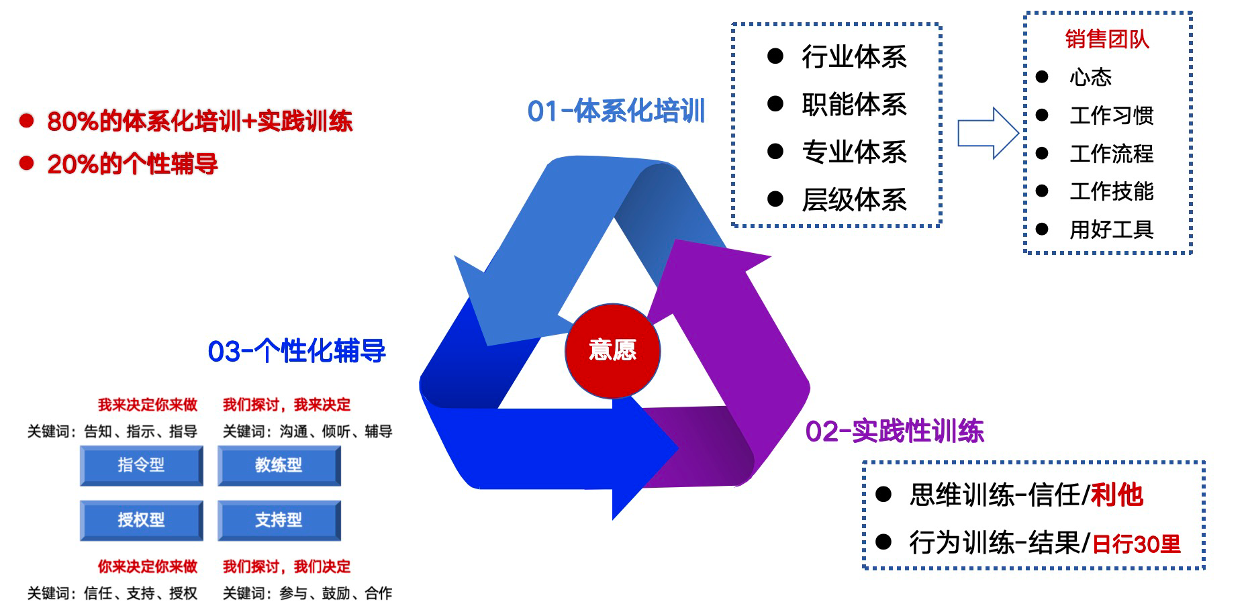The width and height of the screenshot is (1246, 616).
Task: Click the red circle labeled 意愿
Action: coord(612,350)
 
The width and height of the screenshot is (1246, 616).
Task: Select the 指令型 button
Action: coord(141,465)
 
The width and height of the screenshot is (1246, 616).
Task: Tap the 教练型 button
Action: coord(279,465)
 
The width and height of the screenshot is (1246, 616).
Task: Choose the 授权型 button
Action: coord(141,519)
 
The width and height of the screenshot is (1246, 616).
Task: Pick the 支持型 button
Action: coord(279,519)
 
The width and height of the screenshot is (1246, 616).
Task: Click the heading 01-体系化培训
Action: coord(616,111)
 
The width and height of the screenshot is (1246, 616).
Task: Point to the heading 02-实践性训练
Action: coord(894,431)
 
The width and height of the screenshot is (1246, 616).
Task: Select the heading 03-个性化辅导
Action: coord(297,351)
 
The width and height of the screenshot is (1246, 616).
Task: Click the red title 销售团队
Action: coord(1107,40)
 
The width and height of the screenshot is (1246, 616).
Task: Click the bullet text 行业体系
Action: coord(854,57)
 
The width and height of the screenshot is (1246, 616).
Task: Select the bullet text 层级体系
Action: coord(854,200)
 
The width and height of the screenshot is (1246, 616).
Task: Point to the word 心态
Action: coord(1090,77)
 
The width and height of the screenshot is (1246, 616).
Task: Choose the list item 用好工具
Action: coord(1111,229)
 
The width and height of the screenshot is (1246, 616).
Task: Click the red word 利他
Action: coord(1116,495)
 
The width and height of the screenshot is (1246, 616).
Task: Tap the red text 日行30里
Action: coord(1136,544)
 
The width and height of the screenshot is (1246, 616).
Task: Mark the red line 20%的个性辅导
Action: coord(132,164)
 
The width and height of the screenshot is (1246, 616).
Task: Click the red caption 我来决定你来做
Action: coord(148,405)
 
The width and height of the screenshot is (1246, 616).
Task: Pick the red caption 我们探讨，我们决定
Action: coord(287,566)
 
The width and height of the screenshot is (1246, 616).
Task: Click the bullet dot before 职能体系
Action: coord(775,103)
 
